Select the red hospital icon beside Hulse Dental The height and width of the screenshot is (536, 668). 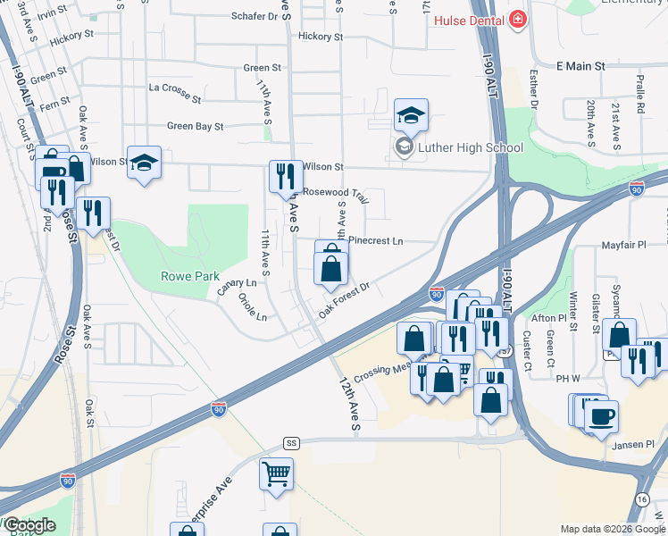coord(517,20)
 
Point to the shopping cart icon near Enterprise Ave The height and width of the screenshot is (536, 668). coord(277,473)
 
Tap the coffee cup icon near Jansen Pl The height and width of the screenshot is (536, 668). coord(602,415)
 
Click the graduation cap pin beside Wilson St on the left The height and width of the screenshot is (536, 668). coord(144,163)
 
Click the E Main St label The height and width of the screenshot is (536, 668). coord(580,66)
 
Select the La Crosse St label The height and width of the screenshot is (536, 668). coord(177,88)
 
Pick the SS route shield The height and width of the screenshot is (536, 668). coord(291,443)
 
